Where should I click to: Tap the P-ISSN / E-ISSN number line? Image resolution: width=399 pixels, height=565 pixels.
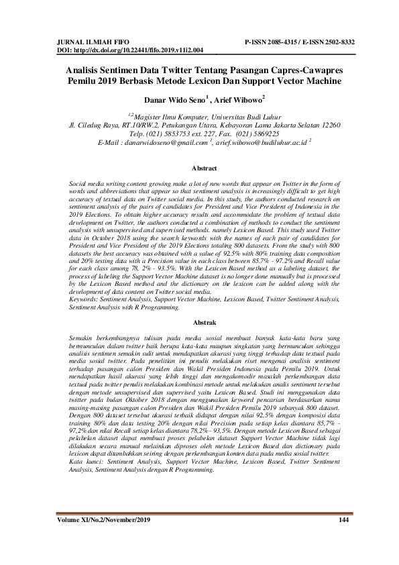(x=300, y=42)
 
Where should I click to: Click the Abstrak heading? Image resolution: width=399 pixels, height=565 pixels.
(x=204, y=323)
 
